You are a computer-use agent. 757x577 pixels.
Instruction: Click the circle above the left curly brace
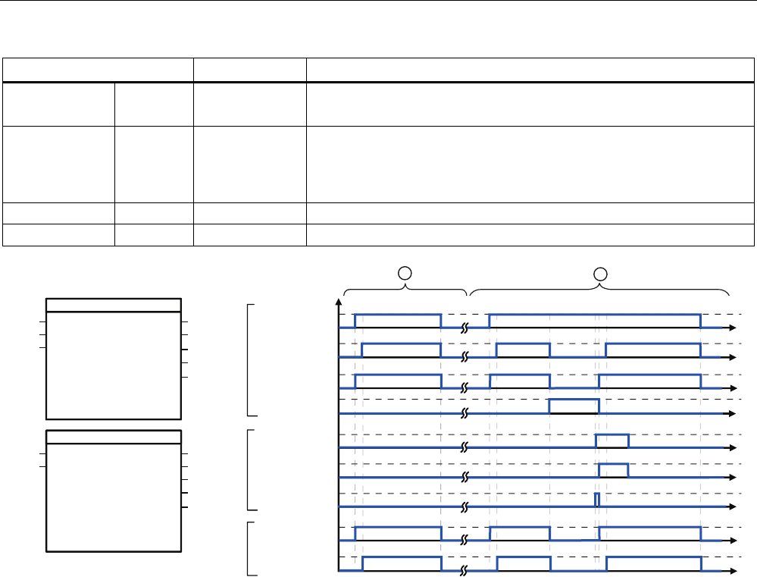coord(406,271)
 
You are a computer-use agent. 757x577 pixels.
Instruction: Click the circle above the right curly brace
coord(600,271)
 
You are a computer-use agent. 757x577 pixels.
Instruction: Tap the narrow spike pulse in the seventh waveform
coord(597,500)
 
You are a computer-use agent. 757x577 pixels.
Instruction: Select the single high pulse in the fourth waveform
coord(574,406)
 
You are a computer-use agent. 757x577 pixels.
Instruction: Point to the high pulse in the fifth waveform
coord(612,441)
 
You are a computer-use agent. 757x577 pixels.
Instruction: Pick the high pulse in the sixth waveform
coord(613,470)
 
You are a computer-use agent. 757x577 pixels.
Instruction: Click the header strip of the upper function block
coord(114,305)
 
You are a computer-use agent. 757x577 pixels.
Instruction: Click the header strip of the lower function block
coord(114,436)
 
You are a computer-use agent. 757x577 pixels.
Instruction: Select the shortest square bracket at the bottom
coord(250,548)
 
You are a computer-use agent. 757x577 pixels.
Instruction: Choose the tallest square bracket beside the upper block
coord(250,359)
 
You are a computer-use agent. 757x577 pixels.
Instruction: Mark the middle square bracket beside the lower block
coord(250,469)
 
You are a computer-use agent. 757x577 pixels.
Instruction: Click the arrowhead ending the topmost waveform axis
coord(733,328)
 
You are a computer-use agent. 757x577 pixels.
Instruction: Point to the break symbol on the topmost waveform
coord(466,328)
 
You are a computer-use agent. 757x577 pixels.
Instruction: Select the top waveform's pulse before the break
coord(397,314)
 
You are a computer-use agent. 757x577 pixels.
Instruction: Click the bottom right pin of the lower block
coord(184,506)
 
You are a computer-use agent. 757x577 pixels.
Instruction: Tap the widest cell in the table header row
coord(530,70)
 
